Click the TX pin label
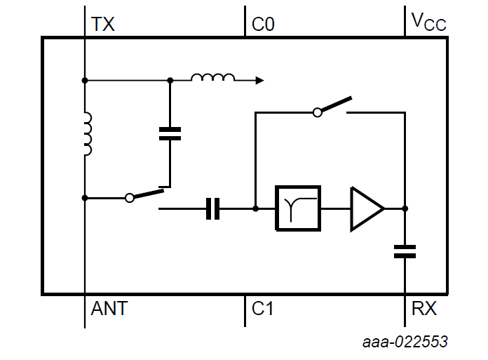coord(103,25)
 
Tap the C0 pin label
coord(263,25)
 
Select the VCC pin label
coord(428,23)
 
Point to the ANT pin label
coord(109,308)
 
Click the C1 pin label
coord(262,308)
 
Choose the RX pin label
coord(423,308)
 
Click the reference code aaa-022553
coord(405,342)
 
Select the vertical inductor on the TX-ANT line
coord(86,134)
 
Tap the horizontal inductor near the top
coord(212,78)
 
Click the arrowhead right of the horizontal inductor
coord(259,81)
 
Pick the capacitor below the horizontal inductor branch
coord(170,134)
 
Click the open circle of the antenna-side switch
coord(129,199)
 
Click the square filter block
coord(298,208)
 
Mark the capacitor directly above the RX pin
coord(405,251)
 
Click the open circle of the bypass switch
coord(318,112)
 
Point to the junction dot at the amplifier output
coord(405,208)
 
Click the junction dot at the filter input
coord(255,208)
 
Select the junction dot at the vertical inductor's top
coord(85,81)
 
